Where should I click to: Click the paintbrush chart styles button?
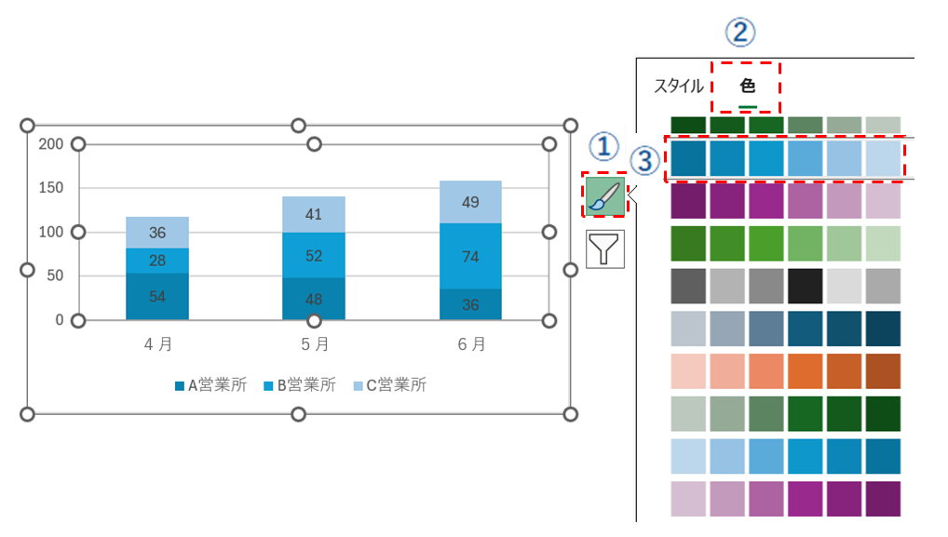pyautogui.click(x=603, y=195)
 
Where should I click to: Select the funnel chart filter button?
pyautogui.click(x=603, y=250)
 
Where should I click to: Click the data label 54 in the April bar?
pyautogui.click(x=157, y=296)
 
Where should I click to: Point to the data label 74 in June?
pyautogui.click(x=470, y=257)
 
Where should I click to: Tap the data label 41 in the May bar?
pyautogui.click(x=314, y=214)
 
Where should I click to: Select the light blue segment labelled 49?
pyautogui.click(x=470, y=202)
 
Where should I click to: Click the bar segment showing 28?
pyautogui.click(x=157, y=261)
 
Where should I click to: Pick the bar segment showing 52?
pyautogui.click(x=314, y=255)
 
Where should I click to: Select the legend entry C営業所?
pyautogui.click(x=388, y=384)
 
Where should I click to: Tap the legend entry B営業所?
pyautogui.click(x=299, y=384)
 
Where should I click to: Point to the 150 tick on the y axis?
pyautogui.click(x=51, y=188)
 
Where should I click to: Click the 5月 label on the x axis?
pyautogui.click(x=314, y=344)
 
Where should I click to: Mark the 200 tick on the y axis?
pyautogui.click(x=51, y=144)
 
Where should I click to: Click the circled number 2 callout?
pyautogui.click(x=740, y=34)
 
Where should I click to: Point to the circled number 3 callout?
pyautogui.click(x=643, y=160)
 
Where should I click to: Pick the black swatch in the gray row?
pyautogui.click(x=804, y=285)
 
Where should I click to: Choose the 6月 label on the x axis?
pyautogui.click(x=470, y=344)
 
